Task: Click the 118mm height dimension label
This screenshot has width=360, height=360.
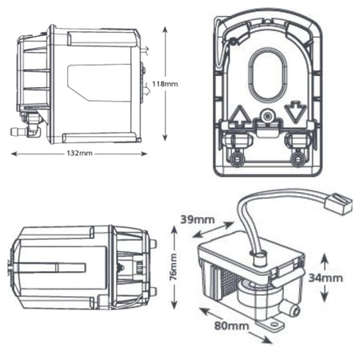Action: coord(178,82)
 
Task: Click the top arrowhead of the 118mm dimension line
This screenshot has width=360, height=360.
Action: coord(166,31)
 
